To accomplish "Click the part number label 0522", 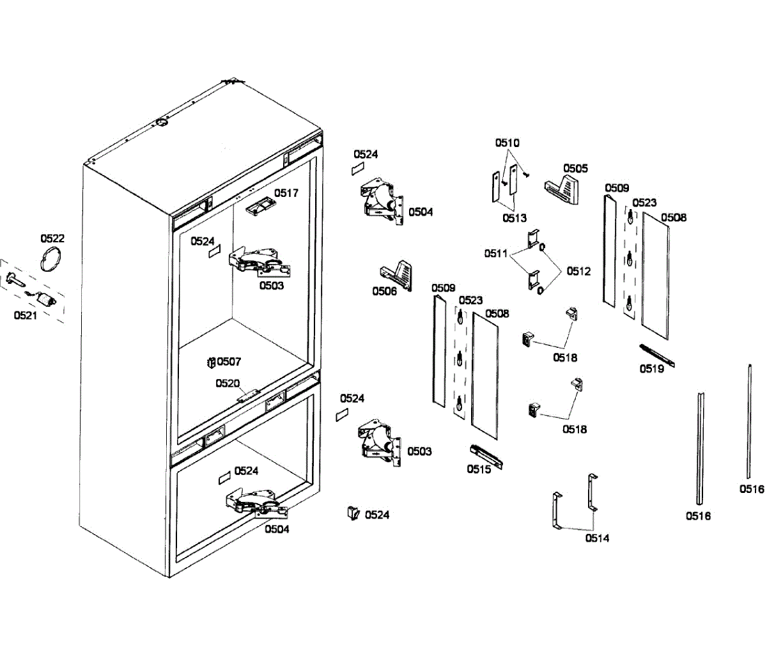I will [52, 238].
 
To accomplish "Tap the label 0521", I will [26, 315].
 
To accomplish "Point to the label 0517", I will [286, 192].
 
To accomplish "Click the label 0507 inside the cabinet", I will [229, 361].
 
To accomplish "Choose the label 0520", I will [228, 384].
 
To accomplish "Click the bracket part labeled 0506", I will [397, 272].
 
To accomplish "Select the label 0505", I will [576, 168].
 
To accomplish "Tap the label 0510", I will [507, 143].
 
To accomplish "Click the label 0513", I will [515, 217].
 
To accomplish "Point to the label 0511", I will [496, 253].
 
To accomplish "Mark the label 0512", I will [578, 271].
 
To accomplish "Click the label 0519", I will [652, 369].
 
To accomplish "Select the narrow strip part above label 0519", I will [657, 356].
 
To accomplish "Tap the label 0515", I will [479, 469].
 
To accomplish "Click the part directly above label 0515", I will [487, 455].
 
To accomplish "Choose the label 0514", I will [597, 538].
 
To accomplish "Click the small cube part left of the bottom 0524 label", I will [353, 513].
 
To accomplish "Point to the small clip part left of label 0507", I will [210, 363].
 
